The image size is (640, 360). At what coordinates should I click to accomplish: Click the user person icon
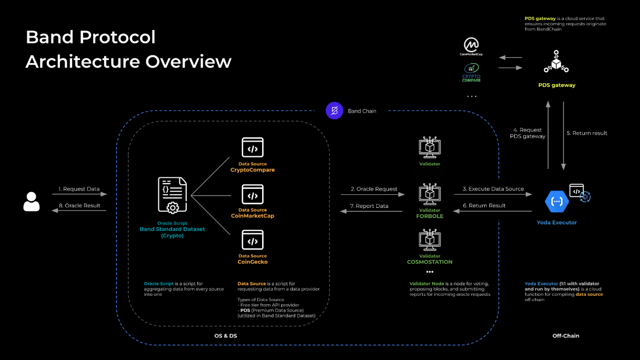coord(32,201)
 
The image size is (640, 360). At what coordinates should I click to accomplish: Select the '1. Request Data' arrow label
coord(79,189)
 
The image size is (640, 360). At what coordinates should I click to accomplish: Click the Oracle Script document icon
coord(172,195)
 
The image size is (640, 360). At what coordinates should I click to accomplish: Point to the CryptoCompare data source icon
coord(253,148)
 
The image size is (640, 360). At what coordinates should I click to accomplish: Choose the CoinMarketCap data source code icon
coord(253,194)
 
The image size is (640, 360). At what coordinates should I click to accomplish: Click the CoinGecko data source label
coord(253,262)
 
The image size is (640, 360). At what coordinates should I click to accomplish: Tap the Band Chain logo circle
coord(334,111)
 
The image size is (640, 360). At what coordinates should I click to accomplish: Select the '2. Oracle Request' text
coord(374,189)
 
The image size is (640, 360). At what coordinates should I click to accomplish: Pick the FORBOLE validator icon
coord(429,195)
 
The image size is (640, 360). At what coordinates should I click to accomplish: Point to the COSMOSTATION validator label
coord(429,262)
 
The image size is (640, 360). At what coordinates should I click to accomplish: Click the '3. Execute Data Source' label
coord(493,189)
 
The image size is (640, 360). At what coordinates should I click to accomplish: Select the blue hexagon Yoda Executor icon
coord(556,201)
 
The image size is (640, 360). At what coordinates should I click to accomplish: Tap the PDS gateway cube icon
coord(556,62)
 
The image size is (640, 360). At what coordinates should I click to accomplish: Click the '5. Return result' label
coord(587,133)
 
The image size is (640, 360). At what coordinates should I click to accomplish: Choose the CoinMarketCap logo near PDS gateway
coord(471,46)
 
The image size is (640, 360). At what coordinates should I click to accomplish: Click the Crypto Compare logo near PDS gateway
coord(471,73)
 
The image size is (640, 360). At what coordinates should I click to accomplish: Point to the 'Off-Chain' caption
coord(566,336)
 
